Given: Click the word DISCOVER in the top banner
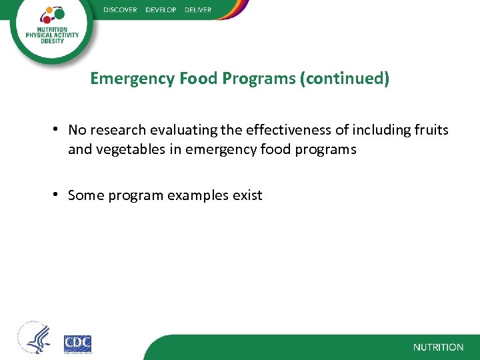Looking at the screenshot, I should point(120,10).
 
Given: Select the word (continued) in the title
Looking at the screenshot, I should point(345,79).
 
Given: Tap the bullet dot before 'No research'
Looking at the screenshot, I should point(59,129).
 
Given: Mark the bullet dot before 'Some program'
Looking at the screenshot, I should point(59,195).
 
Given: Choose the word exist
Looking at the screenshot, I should point(247,195).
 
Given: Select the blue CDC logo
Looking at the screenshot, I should point(77,343).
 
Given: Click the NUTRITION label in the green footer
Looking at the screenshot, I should point(438,347).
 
